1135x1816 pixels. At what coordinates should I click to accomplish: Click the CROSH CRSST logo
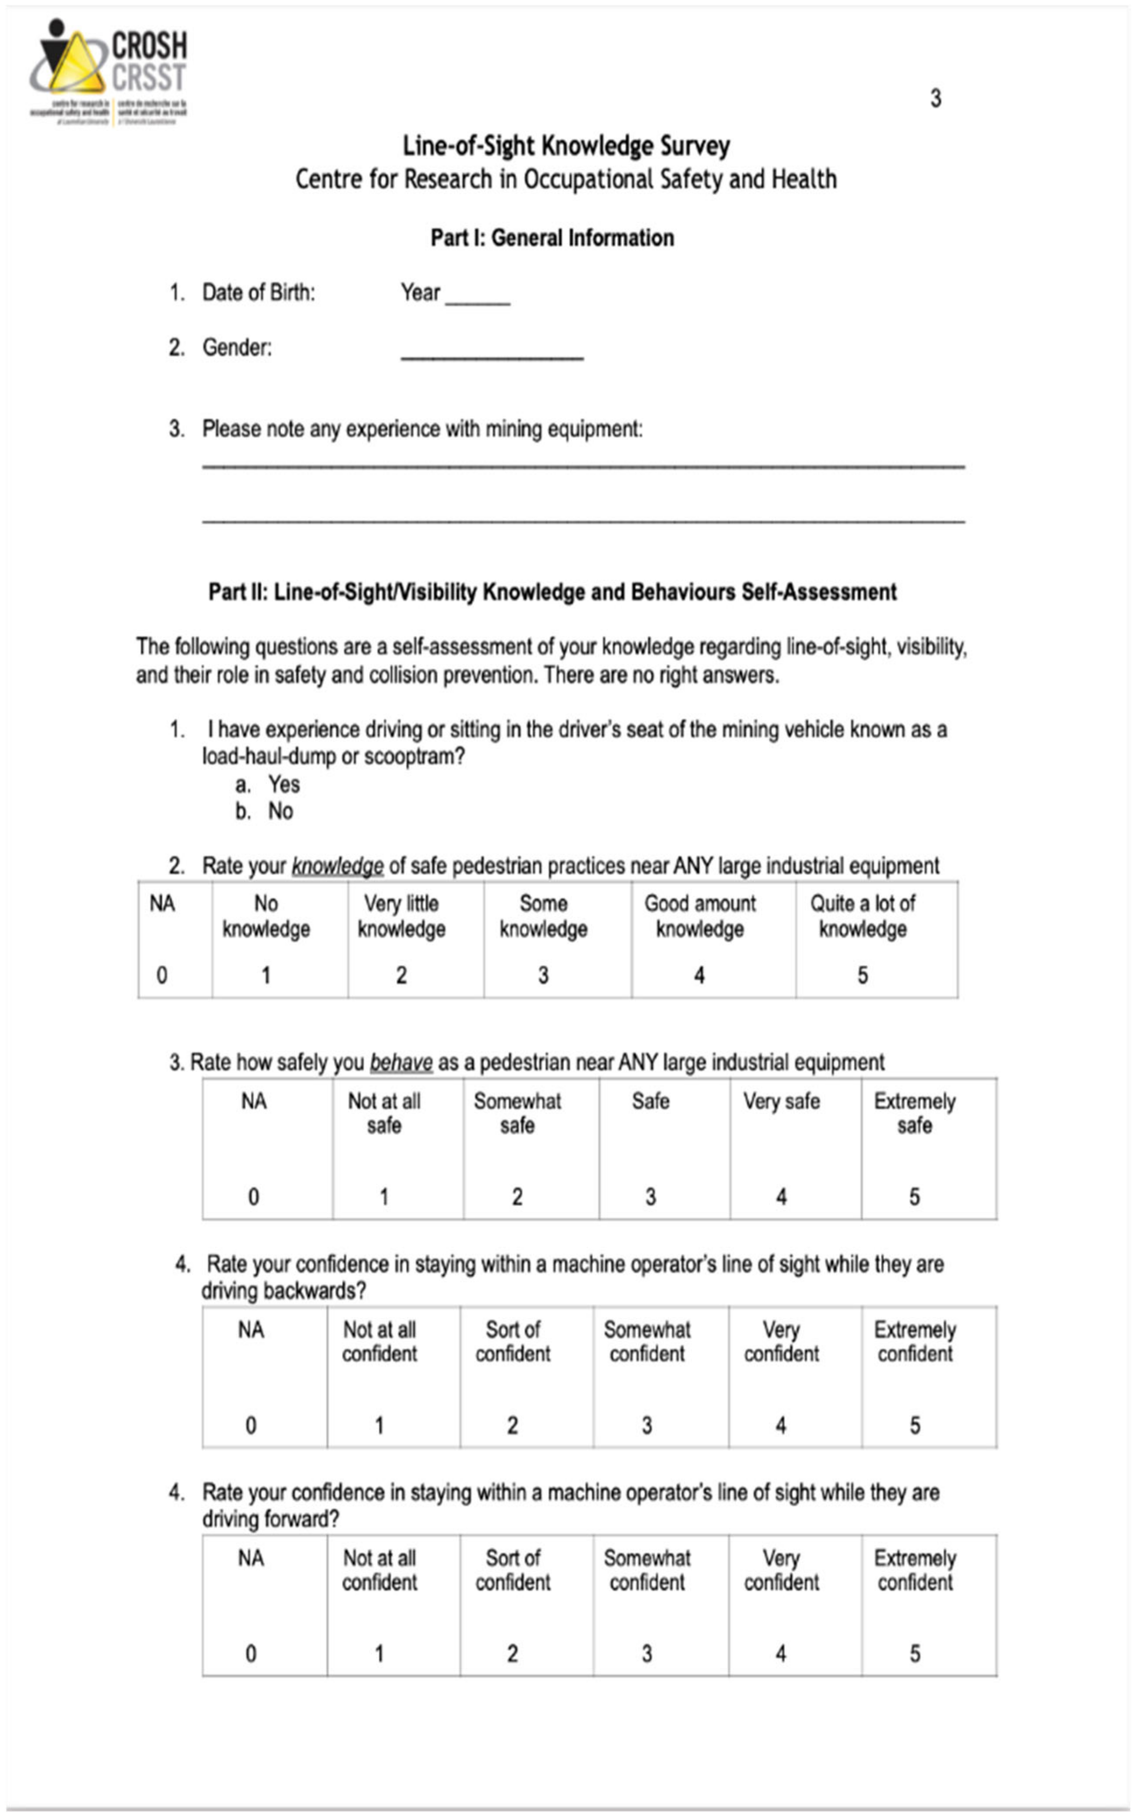109,73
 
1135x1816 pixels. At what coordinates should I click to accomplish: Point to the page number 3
935,98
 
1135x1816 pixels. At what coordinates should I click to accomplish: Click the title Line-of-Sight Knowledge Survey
566,146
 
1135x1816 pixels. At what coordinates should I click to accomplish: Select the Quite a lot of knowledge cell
876,939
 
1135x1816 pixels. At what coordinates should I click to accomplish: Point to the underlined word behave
401,1062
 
